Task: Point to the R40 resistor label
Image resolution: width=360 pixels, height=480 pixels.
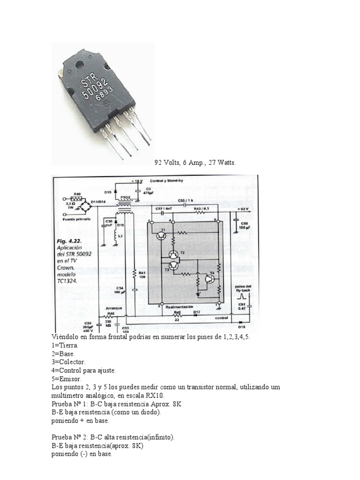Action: point(77,193)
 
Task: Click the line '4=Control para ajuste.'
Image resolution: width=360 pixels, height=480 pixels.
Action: point(83,370)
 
